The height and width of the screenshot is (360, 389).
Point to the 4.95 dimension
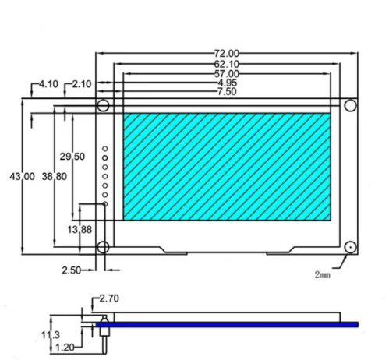(227, 83)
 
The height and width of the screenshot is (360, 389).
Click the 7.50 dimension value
(227, 92)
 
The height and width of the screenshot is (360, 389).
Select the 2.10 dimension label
(83, 83)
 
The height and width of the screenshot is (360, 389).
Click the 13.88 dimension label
(80, 229)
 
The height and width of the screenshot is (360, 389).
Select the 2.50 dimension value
(72, 270)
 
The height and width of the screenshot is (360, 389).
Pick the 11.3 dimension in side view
(51, 335)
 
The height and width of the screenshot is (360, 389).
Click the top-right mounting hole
(350, 105)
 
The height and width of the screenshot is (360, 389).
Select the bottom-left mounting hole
(103, 247)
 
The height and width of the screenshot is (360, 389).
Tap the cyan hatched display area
(226, 165)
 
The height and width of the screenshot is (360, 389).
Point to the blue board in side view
(234, 324)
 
